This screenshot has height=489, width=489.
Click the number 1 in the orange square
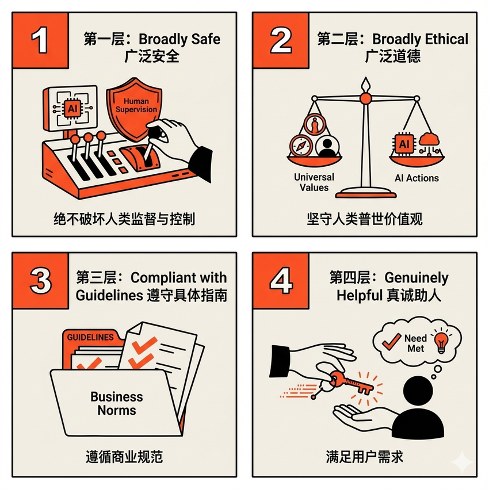coord(40,40)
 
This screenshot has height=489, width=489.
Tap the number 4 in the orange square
coord(281,280)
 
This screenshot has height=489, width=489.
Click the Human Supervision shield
coord(135,108)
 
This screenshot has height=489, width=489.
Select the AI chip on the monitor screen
coord(72,108)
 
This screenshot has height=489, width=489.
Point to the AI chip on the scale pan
coord(404,144)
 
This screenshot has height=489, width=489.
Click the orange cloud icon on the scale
coord(429,139)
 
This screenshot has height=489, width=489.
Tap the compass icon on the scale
coord(301,146)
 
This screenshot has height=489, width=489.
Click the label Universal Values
coord(314,182)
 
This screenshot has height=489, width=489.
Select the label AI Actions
coord(417,178)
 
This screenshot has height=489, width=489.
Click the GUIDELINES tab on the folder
coord(90,337)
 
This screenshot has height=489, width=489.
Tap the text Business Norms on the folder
coord(117,403)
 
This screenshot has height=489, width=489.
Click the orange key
coord(351,381)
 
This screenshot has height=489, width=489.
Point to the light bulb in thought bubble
coord(441,342)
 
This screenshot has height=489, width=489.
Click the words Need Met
coord(415,343)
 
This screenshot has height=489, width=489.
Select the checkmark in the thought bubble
coord(391,341)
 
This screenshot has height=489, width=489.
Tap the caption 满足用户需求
coord(365,457)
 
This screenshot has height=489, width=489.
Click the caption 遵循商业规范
coord(124,457)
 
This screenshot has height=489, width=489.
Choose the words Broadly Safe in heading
coord(179,39)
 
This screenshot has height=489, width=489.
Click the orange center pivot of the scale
coord(365,98)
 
